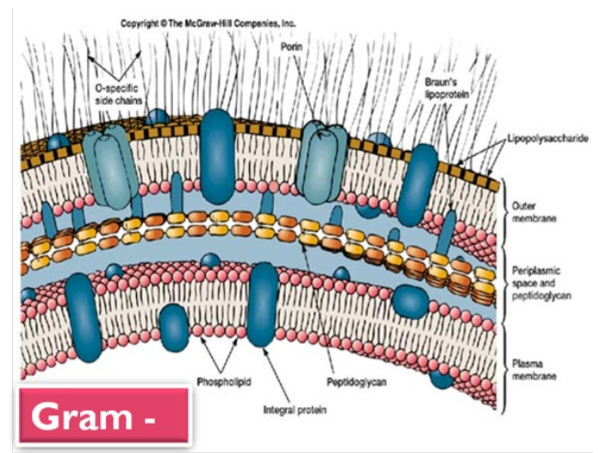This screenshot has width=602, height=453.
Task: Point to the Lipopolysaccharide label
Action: tap(545, 138)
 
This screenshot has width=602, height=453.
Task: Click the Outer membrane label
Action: tap(534, 214)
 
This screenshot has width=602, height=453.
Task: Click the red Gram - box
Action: tap(102, 416)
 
